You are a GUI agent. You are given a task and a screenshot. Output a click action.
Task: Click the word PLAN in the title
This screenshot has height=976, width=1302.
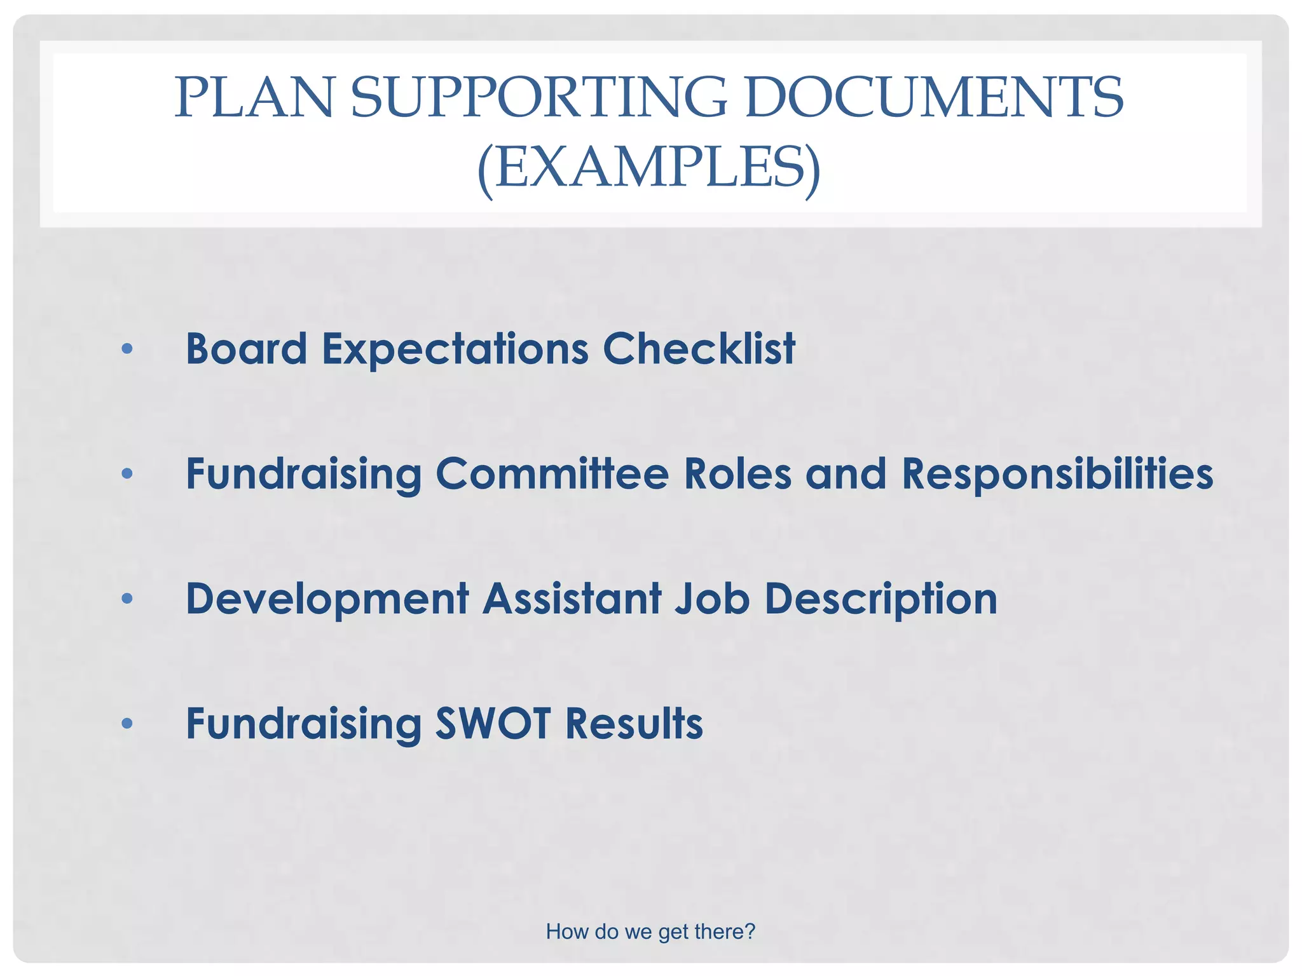[253, 98]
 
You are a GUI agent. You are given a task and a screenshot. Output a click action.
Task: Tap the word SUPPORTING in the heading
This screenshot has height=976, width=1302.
[538, 98]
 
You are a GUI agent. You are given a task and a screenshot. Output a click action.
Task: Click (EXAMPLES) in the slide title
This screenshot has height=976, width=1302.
[649, 168]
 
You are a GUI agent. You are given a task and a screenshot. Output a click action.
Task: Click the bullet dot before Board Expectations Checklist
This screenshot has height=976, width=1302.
[127, 349]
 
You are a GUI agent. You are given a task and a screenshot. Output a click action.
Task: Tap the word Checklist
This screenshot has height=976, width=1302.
[699, 349]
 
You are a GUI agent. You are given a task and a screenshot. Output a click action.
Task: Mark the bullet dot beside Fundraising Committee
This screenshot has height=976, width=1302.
[127, 473]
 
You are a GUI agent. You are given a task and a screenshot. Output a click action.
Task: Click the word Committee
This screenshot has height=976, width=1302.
[552, 474]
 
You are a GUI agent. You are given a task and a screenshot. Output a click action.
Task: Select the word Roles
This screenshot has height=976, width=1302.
[737, 474]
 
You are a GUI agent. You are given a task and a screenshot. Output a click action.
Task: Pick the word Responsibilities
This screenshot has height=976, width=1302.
[1057, 475]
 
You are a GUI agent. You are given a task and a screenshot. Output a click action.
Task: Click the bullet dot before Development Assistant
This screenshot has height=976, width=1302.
[127, 599]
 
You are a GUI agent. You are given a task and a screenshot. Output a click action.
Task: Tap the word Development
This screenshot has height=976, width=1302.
[327, 600]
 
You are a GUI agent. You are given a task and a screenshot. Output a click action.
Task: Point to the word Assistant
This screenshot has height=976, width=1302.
[572, 599]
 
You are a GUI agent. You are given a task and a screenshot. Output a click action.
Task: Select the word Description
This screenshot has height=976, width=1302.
[881, 600]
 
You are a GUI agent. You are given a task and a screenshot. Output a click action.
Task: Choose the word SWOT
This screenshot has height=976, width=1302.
[493, 724]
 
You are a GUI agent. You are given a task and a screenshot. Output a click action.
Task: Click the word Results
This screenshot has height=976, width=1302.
[634, 724]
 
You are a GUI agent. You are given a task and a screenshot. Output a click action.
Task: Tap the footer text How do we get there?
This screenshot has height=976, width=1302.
[650, 932]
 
